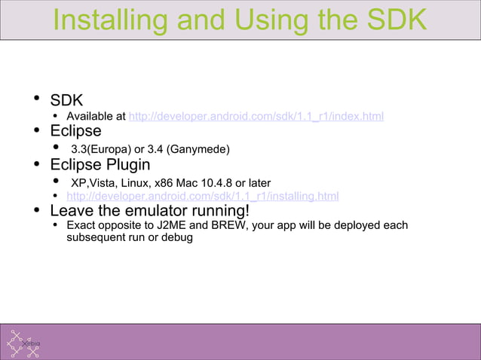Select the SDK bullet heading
66,99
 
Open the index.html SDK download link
256,117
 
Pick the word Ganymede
199,149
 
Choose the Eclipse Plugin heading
100,164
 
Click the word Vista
106,182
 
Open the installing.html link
202,197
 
